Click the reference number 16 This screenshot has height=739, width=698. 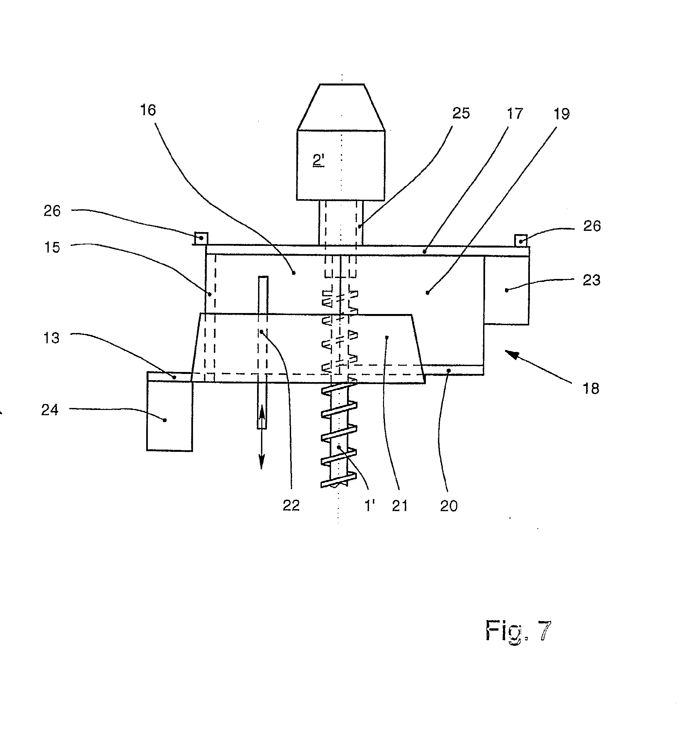(148, 110)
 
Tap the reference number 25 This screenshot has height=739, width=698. (461, 113)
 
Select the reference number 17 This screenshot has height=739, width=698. (515, 114)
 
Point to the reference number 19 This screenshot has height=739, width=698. (562, 114)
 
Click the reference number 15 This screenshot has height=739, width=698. (52, 247)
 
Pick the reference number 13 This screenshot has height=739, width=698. (51, 338)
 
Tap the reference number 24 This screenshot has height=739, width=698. (50, 410)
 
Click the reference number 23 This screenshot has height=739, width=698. (592, 280)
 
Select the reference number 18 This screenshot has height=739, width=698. (591, 389)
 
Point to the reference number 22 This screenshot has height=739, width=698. (291, 506)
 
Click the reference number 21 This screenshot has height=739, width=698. (400, 506)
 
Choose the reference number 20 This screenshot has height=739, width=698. (449, 506)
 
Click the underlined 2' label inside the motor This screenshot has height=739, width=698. (319, 160)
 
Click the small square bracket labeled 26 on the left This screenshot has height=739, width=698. (201, 238)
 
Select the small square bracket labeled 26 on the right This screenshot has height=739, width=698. (521, 240)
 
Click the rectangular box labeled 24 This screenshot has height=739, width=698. (170, 416)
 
